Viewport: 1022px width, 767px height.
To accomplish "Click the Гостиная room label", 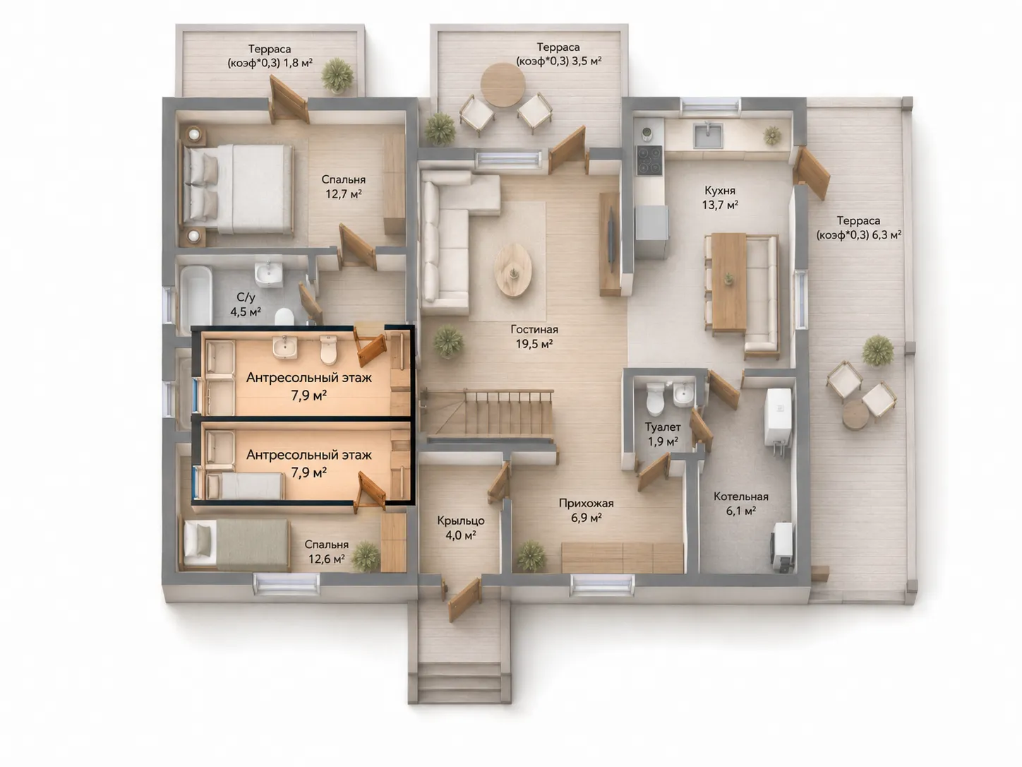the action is [534, 337].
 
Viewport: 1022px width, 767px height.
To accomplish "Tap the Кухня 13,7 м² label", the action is [720, 198].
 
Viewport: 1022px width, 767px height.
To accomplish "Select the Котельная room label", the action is [741, 504].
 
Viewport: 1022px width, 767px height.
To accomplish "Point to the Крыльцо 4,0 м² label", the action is [460, 528].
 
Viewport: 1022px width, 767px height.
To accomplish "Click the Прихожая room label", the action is [587, 510].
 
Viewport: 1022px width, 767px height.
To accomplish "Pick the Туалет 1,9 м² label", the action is [663, 434].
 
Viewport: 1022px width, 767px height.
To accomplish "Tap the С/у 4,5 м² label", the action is [246, 304].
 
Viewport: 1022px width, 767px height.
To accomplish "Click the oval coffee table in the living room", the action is [512, 270].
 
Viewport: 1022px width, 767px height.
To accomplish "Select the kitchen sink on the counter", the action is [708, 135].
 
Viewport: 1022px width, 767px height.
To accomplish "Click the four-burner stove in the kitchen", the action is [649, 160].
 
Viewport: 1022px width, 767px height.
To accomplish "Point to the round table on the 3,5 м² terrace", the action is [503, 85].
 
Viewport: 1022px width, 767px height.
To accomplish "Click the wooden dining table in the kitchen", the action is [728, 283].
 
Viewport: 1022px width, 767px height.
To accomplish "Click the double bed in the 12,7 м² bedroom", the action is [237, 189].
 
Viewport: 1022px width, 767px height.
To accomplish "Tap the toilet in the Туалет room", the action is [655, 398].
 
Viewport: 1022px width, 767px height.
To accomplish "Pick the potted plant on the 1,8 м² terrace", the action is [337, 76].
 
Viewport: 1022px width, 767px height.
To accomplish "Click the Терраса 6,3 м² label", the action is [858, 227].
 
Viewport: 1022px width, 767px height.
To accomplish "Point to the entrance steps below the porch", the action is [460, 682].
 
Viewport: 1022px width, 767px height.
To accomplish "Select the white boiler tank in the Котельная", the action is [778, 417].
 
